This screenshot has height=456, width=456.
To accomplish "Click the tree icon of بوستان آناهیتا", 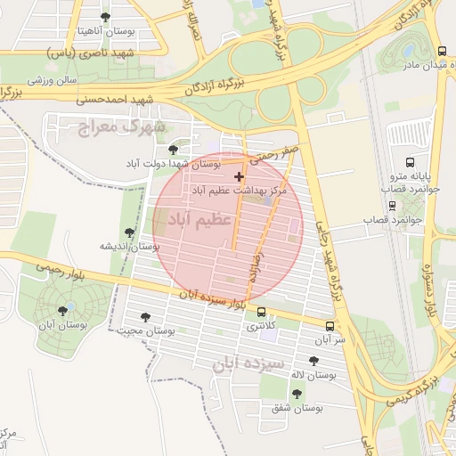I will tap(106, 17).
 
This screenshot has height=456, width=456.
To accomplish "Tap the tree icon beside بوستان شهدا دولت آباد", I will tap(173, 150).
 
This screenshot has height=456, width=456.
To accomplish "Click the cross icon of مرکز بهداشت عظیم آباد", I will tap(238, 177).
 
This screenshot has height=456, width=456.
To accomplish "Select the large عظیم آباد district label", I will tap(194, 218).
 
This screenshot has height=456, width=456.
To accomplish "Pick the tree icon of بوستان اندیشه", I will tap(130, 232).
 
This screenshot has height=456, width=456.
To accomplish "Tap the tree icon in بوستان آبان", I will tap(61, 311).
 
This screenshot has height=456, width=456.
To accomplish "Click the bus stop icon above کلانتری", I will tap(261, 312).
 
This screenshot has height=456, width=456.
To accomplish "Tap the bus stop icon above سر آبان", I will tap(330, 326).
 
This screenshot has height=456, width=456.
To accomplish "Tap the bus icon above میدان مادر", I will tap(442, 50).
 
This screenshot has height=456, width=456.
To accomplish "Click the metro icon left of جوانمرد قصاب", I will tap(393, 206).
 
